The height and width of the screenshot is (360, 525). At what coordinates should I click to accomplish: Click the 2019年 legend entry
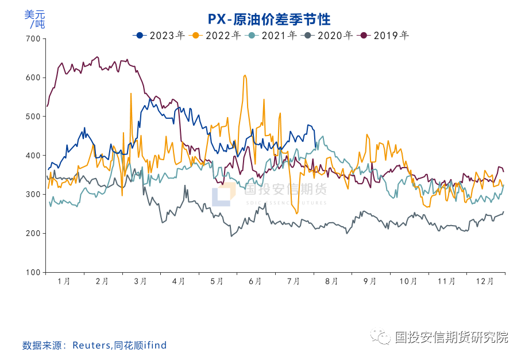pos(384,36)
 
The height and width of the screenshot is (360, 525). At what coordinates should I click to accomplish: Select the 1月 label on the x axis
pos(64,281)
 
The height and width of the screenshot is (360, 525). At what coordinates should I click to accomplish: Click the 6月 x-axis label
pos(256,281)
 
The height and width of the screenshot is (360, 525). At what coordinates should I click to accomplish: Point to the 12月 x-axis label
pos(485,281)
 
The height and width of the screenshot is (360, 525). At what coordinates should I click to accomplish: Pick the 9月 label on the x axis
pos(370,281)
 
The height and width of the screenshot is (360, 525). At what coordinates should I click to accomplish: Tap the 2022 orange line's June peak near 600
pos(245,75)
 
